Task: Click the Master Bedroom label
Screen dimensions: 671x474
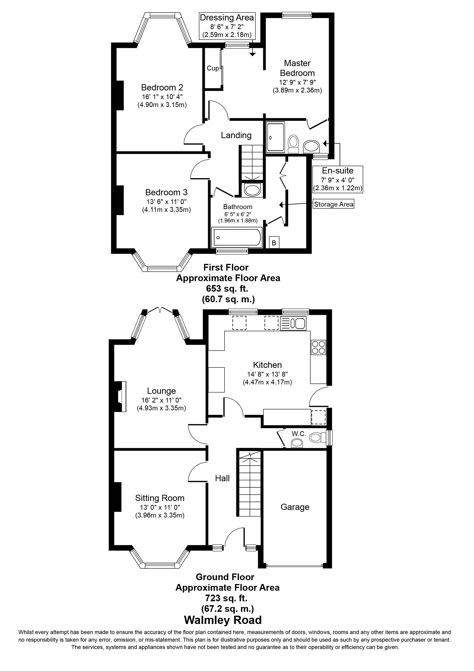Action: [x=297, y=68]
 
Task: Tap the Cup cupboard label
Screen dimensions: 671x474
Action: [x=213, y=68]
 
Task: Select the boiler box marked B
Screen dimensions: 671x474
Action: [x=274, y=243]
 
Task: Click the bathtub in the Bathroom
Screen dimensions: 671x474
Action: [x=237, y=237]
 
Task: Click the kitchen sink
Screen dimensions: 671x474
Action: [x=293, y=323]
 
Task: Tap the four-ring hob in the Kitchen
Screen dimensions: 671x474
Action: [x=318, y=347]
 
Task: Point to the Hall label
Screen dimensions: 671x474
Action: [x=222, y=478]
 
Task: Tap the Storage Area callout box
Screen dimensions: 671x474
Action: [x=333, y=204]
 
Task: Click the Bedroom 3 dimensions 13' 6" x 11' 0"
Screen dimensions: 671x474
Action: [x=166, y=201]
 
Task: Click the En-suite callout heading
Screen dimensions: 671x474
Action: [x=337, y=171]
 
